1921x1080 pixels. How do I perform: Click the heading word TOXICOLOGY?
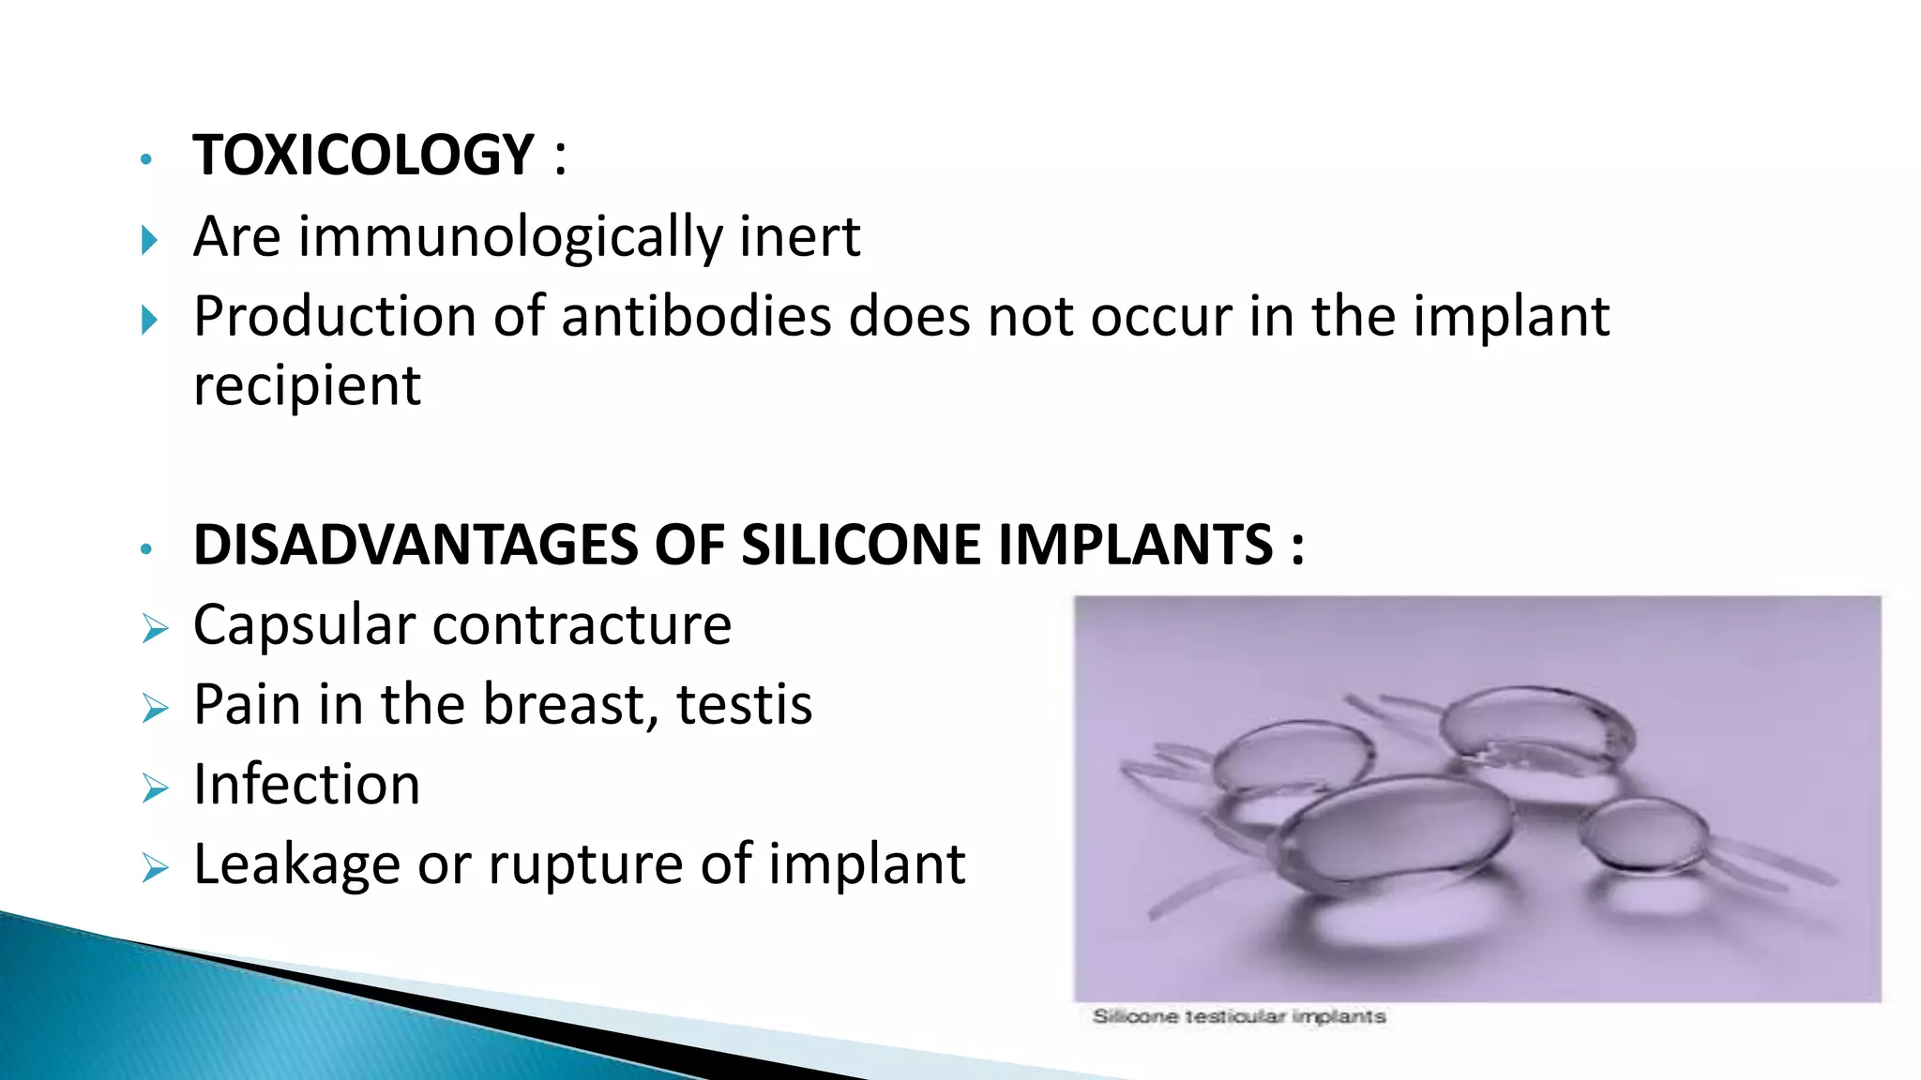[x=363, y=155]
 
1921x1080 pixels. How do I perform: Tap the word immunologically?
[x=509, y=236]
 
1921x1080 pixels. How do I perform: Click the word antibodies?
[x=696, y=316]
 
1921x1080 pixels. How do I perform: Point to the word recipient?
[x=307, y=385]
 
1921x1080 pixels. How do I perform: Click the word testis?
[x=744, y=704]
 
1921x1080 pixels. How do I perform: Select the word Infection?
[x=307, y=785]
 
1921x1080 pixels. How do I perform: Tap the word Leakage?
[x=296, y=864]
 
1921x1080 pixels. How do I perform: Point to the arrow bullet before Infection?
[x=155, y=788]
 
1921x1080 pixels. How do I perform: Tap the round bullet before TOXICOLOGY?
[x=145, y=159]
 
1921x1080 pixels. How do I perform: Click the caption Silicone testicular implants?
[x=1238, y=1016]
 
